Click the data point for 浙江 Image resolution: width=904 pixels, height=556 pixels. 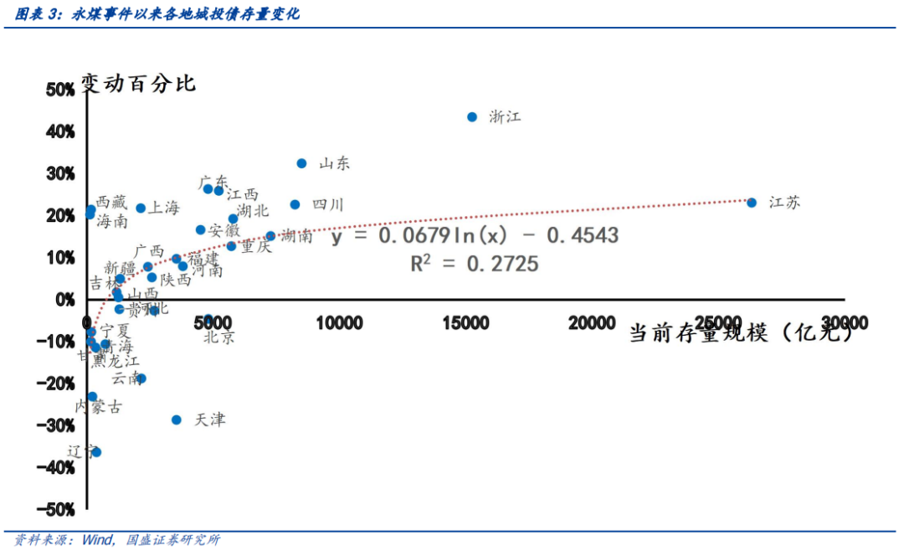pyautogui.click(x=472, y=117)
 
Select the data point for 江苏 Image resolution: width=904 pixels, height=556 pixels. pyautogui.click(x=752, y=203)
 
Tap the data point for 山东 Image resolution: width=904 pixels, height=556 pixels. pyautogui.click(x=302, y=163)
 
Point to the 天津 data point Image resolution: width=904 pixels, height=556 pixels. pyautogui.click(x=177, y=420)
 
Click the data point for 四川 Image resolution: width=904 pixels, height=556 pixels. pyautogui.click(x=295, y=204)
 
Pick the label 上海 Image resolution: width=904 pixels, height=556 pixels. pyautogui.click(x=163, y=208)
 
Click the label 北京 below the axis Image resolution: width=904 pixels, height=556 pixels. pyautogui.click(x=219, y=337)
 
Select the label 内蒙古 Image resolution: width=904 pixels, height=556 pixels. pyautogui.click(x=99, y=407)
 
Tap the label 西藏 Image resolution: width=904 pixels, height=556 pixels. pyautogui.click(x=111, y=202)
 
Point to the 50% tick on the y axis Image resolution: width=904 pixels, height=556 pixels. pyautogui.click(x=60, y=90)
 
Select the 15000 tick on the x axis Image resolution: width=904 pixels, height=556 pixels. pyautogui.click(x=465, y=323)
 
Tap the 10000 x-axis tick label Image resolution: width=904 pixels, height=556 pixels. pyautogui.click(x=339, y=323)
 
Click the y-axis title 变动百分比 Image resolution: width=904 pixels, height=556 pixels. pyautogui.click(x=138, y=83)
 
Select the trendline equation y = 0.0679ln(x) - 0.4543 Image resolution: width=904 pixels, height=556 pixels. pyautogui.click(x=475, y=235)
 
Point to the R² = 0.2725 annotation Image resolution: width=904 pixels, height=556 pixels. pyautogui.click(x=475, y=264)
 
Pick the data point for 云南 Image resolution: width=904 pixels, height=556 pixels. pyautogui.click(x=141, y=378)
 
